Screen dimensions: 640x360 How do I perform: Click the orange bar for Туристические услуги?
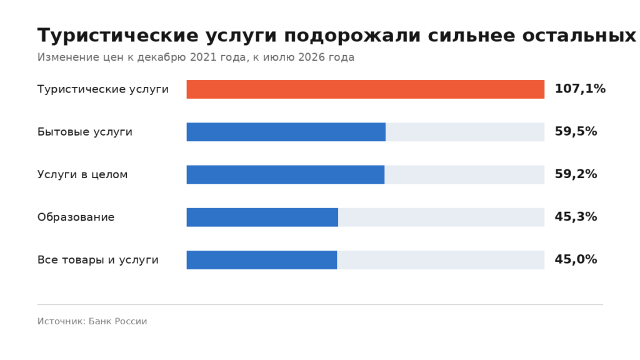tap(365, 89)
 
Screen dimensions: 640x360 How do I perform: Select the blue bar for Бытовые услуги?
tap(286, 132)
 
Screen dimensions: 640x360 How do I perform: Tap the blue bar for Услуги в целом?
tap(285, 175)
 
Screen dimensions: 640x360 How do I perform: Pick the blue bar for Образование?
tap(262, 217)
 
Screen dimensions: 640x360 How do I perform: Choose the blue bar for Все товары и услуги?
tap(262, 260)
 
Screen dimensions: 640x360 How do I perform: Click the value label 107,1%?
tap(580, 89)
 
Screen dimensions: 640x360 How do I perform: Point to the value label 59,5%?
tap(576, 131)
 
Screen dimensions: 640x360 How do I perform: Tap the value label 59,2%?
tap(576, 174)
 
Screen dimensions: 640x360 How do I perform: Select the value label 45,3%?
tap(576, 217)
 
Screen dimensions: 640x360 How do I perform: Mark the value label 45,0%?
tap(576, 259)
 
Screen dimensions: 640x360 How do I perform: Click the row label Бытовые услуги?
tap(85, 132)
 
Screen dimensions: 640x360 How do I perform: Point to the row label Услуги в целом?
tap(82, 175)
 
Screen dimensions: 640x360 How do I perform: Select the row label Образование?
tap(76, 217)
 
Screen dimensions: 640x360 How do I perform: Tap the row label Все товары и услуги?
tap(98, 260)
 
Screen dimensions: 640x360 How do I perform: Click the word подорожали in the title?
tap(352, 36)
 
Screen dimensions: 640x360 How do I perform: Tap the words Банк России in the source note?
tap(117, 321)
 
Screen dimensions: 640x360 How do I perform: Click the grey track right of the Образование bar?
tap(441, 217)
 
